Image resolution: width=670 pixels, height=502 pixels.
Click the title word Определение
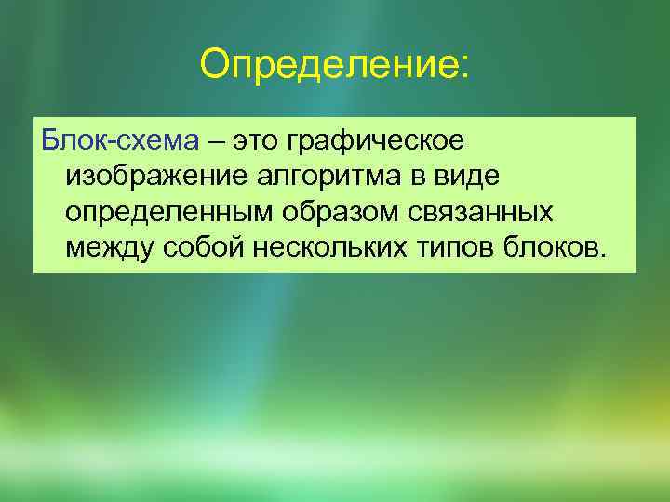tap(328, 66)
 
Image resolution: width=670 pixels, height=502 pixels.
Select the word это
tap(260, 141)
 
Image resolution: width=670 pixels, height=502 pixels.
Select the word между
tap(114, 248)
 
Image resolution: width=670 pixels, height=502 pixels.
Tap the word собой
tap(212, 248)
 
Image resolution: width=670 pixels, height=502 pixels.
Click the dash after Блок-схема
tap(217, 143)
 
